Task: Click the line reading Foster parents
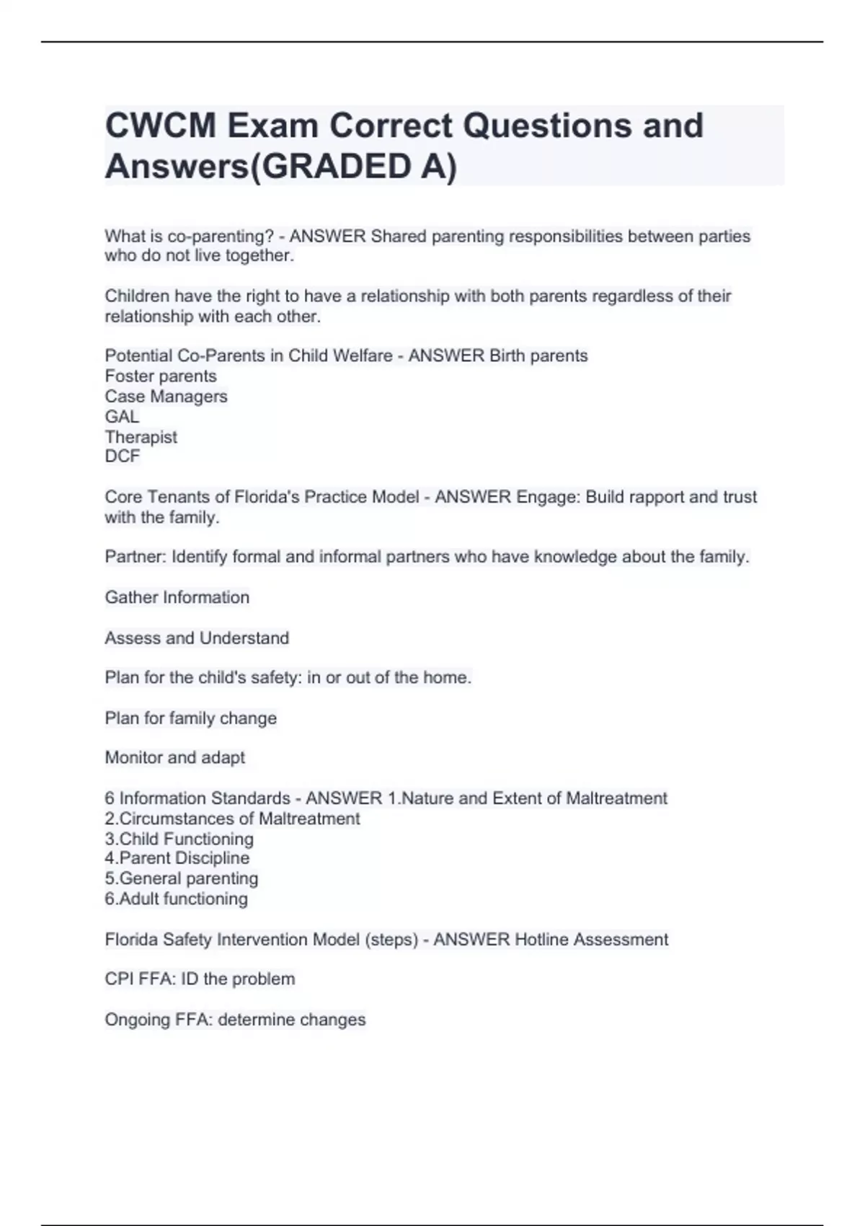(x=160, y=376)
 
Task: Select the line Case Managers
(x=166, y=396)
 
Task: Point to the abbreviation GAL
(x=122, y=416)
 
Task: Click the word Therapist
(x=141, y=436)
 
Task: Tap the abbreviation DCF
(x=122, y=456)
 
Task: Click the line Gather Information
(x=177, y=597)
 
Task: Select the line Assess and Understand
(x=196, y=638)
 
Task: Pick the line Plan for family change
(x=190, y=718)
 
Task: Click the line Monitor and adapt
(x=174, y=757)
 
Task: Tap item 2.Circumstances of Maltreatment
(x=232, y=819)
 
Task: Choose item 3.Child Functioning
(x=179, y=839)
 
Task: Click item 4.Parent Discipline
(x=177, y=858)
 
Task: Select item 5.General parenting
(x=181, y=878)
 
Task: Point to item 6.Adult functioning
(x=176, y=899)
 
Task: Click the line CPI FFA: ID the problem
(x=200, y=979)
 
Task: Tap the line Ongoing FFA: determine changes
(x=235, y=1019)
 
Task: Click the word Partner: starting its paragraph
(x=136, y=557)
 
